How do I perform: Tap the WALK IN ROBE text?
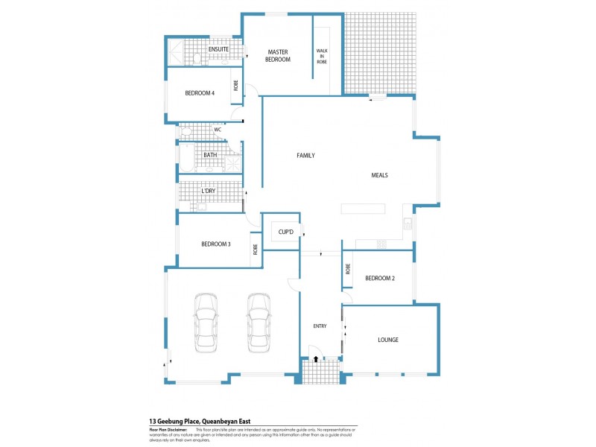click(322, 56)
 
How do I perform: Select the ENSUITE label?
click(218, 49)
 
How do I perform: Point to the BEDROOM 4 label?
click(200, 93)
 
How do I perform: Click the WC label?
click(218, 130)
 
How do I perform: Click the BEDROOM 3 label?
click(215, 244)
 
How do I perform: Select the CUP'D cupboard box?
click(286, 232)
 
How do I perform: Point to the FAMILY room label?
click(305, 156)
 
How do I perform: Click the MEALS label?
click(380, 176)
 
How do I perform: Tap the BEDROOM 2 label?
click(379, 279)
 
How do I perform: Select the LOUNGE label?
click(387, 340)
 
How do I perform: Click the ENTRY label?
click(320, 326)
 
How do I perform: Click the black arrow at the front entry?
click(317, 358)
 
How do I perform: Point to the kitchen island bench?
click(364, 209)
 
